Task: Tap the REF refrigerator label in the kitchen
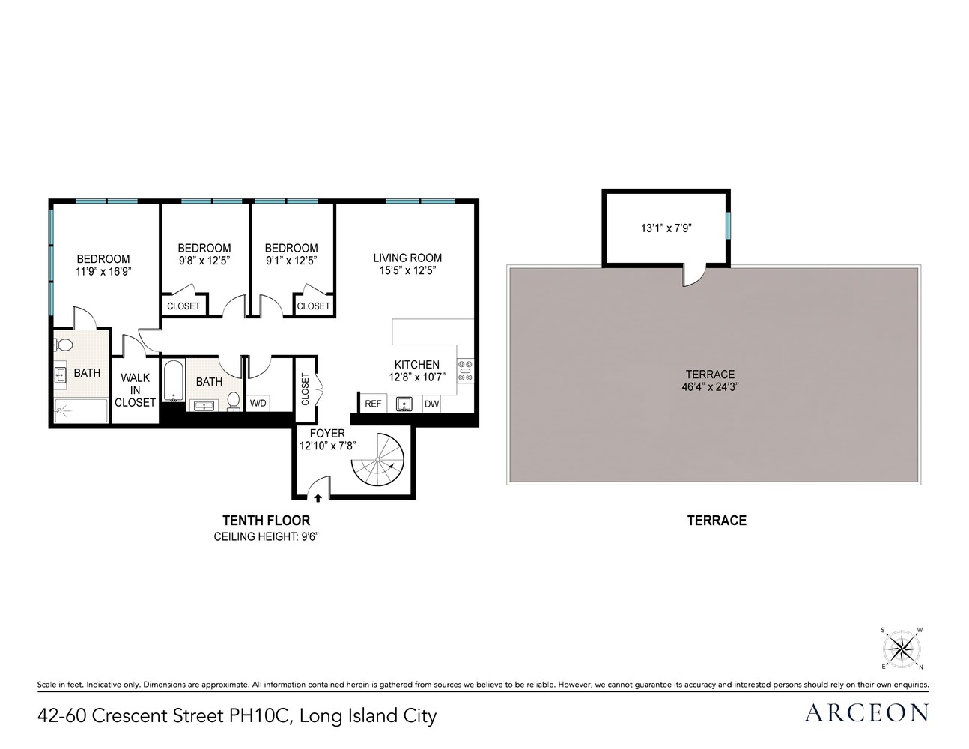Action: pos(373,404)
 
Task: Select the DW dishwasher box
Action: pos(431,404)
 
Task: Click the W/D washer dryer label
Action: pos(258,403)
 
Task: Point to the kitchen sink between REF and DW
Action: pos(404,404)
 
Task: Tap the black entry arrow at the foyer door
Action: pos(318,497)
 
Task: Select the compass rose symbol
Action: pos(902,649)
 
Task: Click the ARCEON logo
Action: pos(866,712)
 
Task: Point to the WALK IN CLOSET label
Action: pos(135,390)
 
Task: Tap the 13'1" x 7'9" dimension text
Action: pos(666,228)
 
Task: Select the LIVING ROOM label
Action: pos(407,258)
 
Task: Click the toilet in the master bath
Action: pos(63,345)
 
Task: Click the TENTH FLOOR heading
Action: pos(266,520)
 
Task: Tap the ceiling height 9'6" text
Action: pos(266,536)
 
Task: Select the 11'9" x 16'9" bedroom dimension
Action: pos(103,272)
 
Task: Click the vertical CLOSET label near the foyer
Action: pos(305,389)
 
